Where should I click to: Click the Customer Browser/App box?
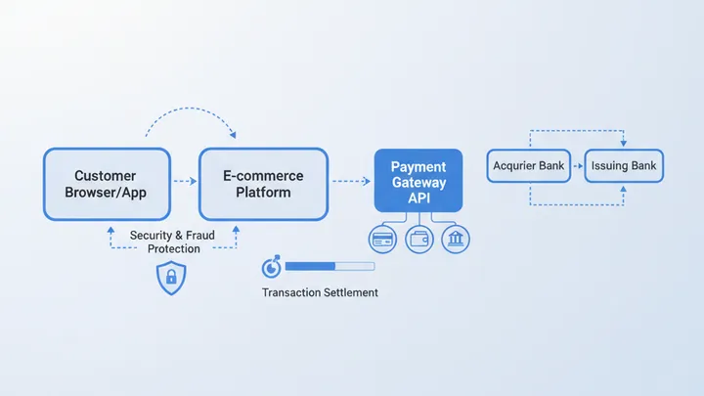(x=105, y=184)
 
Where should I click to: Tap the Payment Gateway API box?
(x=418, y=182)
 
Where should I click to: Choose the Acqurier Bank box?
(x=528, y=166)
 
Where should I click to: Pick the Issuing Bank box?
(x=624, y=166)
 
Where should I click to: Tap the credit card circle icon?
(x=382, y=239)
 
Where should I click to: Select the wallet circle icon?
(x=418, y=239)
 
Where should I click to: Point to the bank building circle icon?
(x=456, y=239)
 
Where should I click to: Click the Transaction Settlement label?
(x=320, y=292)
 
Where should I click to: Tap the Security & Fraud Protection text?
(x=173, y=242)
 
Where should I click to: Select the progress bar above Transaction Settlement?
(x=329, y=266)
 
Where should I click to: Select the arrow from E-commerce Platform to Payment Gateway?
(x=350, y=182)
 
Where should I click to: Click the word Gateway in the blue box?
(x=418, y=183)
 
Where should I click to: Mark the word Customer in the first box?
(x=105, y=176)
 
